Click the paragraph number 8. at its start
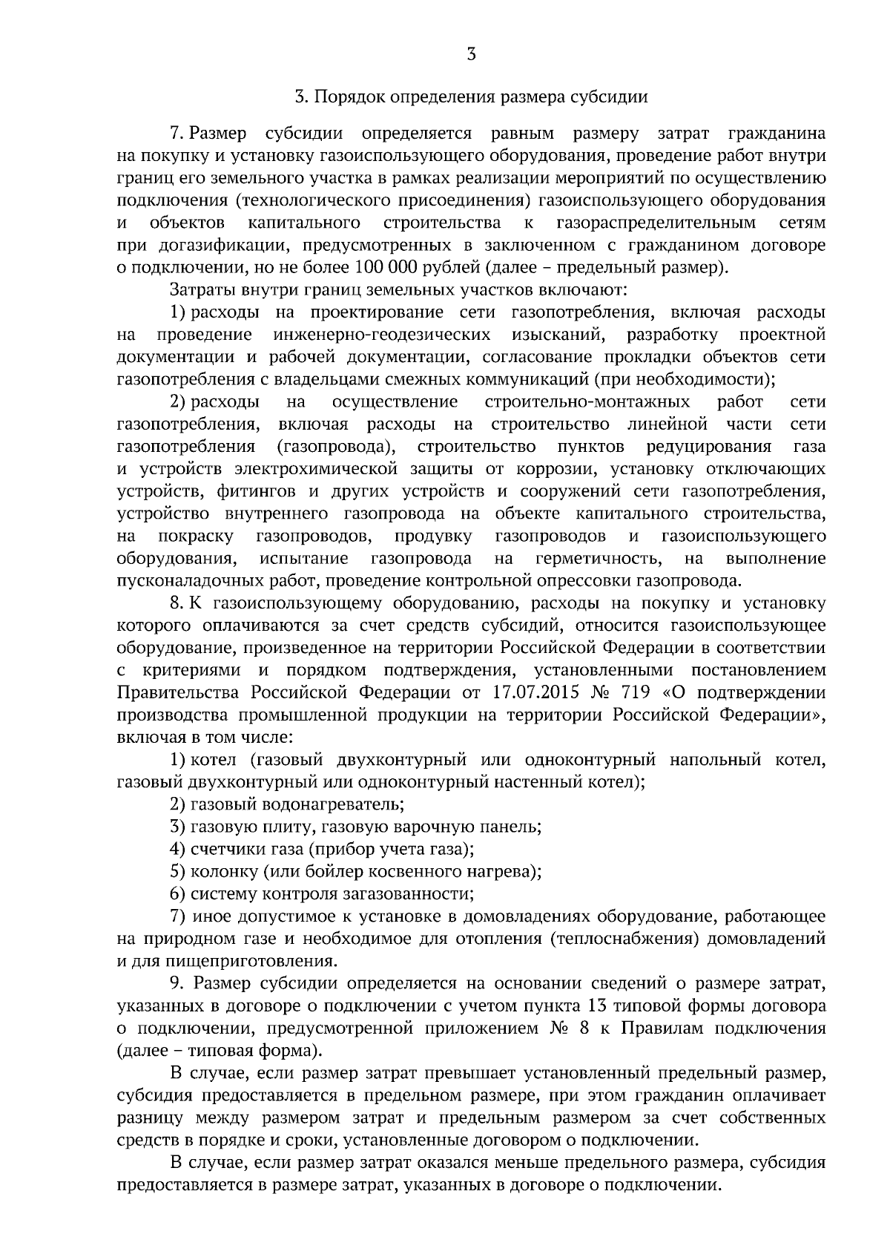pyautogui.click(x=177, y=603)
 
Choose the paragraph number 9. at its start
pyautogui.click(x=177, y=984)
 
